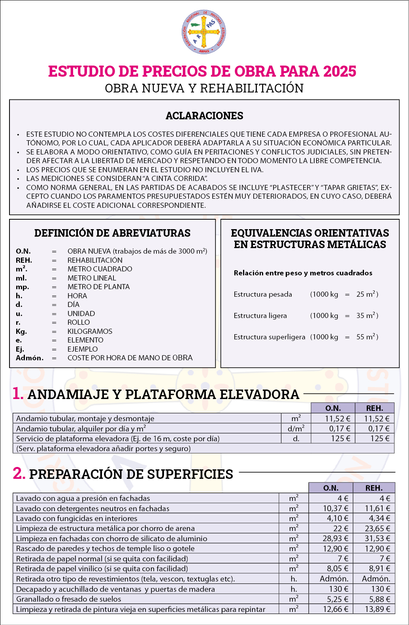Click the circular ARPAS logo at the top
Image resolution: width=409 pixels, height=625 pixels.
(x=204, y=32)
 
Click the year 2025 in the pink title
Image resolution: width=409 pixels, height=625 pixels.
(x=339, y=72)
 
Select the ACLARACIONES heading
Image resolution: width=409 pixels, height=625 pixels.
(x=204, y=116)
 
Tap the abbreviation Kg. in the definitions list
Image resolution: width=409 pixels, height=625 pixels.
(x=21, y=331)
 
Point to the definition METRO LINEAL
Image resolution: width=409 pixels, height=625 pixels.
(x=92, y=278)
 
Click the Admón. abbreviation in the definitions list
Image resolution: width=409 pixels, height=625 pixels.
(x=30, y=358)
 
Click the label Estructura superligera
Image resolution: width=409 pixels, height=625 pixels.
(x=270, y=337)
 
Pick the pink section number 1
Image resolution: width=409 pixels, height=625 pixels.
(x=18, y=394)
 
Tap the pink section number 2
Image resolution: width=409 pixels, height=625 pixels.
(x=19, y=473)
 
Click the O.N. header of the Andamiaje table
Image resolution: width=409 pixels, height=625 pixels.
(x=333, y=408)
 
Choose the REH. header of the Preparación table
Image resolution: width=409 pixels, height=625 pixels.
(x=374, y=488)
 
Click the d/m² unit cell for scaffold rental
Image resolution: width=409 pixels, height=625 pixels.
(x=296, y=429)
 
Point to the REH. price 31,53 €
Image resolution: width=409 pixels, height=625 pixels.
(x=377, y=538)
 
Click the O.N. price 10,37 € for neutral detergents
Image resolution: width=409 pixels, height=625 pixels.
(x=335, y=508)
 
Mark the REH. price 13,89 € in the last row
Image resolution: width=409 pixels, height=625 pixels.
(x=377, y=609)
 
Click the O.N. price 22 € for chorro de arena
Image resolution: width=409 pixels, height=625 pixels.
(x=341, y=529)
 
